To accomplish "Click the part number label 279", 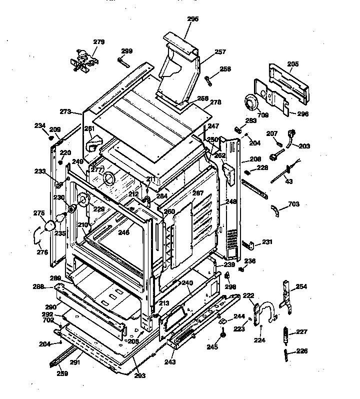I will [99, 42].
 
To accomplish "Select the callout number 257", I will [220, 51].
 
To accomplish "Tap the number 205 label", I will [293, 64].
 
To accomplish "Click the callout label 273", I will [66, 111].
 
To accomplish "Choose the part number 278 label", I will [215, 102].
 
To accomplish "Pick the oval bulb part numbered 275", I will [49, 227].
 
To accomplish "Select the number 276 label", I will [42, 252].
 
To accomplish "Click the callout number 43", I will [289, 180].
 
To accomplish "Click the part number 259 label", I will [62, 372].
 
